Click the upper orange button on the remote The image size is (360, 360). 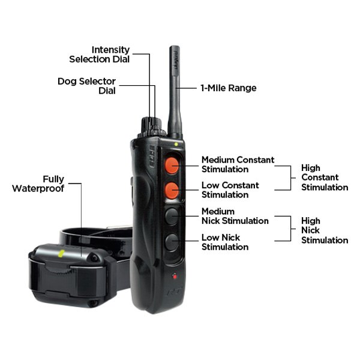pos(172,166)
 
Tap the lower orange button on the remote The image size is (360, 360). pos(172,191)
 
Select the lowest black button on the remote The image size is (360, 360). pos(172,242)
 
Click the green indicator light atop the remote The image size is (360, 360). pos(176,145)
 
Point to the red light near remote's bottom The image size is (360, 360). pos(175,276)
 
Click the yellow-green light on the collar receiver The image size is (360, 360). pos(61,253)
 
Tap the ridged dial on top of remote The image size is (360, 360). pos(152,128)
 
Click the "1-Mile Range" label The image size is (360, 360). pos(229,88)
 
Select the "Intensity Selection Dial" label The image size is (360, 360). pos(100,55)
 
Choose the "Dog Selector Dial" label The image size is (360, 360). pos(87,86)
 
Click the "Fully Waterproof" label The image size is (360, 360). pos(38,184)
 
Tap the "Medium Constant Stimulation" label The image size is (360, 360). pos(238,164)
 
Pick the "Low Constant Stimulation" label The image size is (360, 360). pos(230,190)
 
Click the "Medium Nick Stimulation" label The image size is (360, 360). pos(235,216)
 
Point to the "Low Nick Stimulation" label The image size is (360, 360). pos(225,242)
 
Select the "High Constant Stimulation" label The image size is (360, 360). pos(325,178)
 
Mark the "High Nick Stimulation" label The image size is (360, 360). pos(325,230)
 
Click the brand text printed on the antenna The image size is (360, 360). pos(176,60)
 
